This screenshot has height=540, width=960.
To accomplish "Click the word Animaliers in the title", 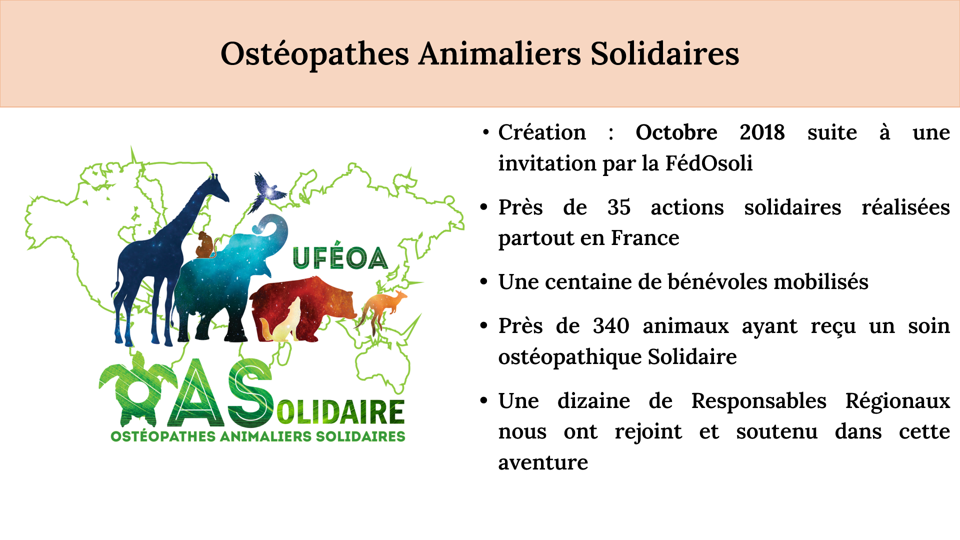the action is (x=500, y=53).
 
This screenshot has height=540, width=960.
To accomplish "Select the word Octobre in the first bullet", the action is (x=676, y=132).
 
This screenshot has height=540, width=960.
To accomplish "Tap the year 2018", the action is (x=762, y=132).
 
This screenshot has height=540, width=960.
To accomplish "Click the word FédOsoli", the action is (x=708, y=163).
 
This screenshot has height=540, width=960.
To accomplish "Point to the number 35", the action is (x=619, y=207).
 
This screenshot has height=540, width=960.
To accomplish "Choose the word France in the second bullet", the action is (x=645, y=238).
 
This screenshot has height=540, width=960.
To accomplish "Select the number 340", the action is (x=611, y=326).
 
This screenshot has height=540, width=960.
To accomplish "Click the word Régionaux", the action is (x=897, y=401).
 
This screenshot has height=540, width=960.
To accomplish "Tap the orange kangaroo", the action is (x=382, y=310).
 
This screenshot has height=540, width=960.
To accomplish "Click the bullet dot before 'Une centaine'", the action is (x=483, y=282).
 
